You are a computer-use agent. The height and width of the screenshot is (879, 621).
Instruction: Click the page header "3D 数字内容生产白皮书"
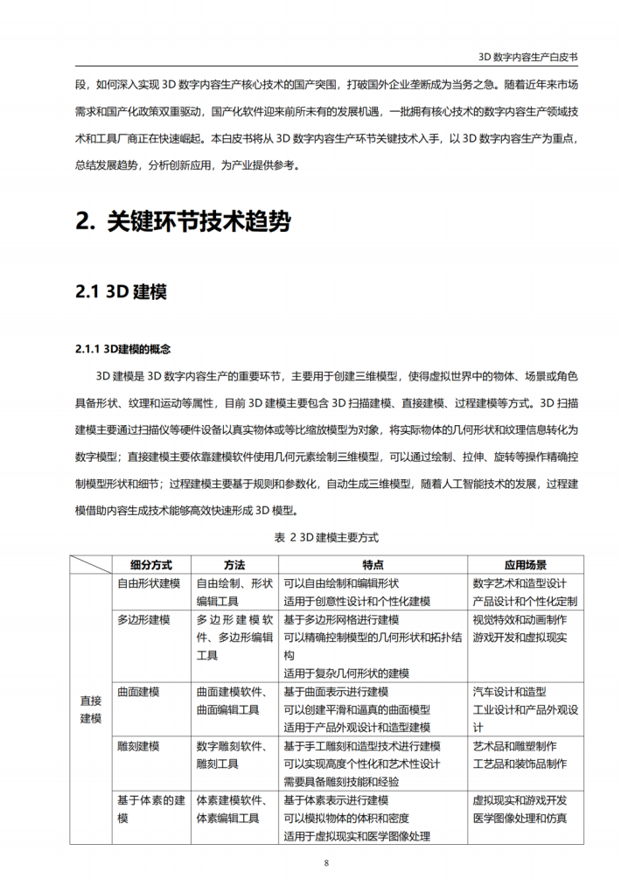click(x=528, y=55)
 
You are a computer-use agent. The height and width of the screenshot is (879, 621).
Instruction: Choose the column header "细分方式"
click(x=150, y=564)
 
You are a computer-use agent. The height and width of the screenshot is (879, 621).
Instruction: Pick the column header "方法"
click(x=234, y=564)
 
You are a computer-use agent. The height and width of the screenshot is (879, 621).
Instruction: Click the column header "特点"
click(x=372, y=564)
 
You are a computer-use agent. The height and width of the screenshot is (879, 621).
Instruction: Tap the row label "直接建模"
click(x=91, y=708)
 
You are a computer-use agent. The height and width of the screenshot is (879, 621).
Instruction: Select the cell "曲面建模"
click(x=138, y=692)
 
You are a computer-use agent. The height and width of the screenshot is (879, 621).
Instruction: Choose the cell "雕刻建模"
click(x=138, y=746)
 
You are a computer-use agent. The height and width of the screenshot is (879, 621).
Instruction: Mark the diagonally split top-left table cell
click(x=91, y=564)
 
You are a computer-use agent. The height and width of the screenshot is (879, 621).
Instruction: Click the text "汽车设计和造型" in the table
click(x=509, y=692)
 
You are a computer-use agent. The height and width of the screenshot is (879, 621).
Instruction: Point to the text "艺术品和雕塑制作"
click(x=515, y=746)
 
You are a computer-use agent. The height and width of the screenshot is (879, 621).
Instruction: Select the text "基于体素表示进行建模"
click(x=336, y=800)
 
